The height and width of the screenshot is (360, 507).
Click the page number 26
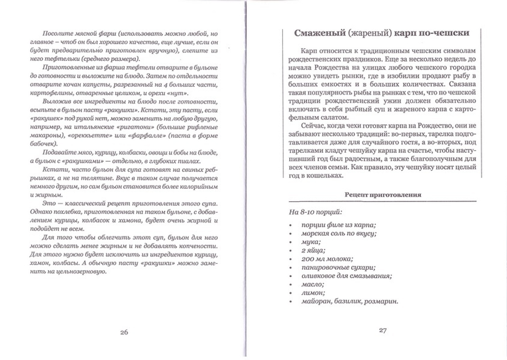tap(124, 333)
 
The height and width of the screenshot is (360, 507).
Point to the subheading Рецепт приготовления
tap(382, 194)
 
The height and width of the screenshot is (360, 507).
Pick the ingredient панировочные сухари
tap(340, 268)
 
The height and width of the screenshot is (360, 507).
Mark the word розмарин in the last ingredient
tap(380, 302)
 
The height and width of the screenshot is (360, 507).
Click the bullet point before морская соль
tap(289, 234)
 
